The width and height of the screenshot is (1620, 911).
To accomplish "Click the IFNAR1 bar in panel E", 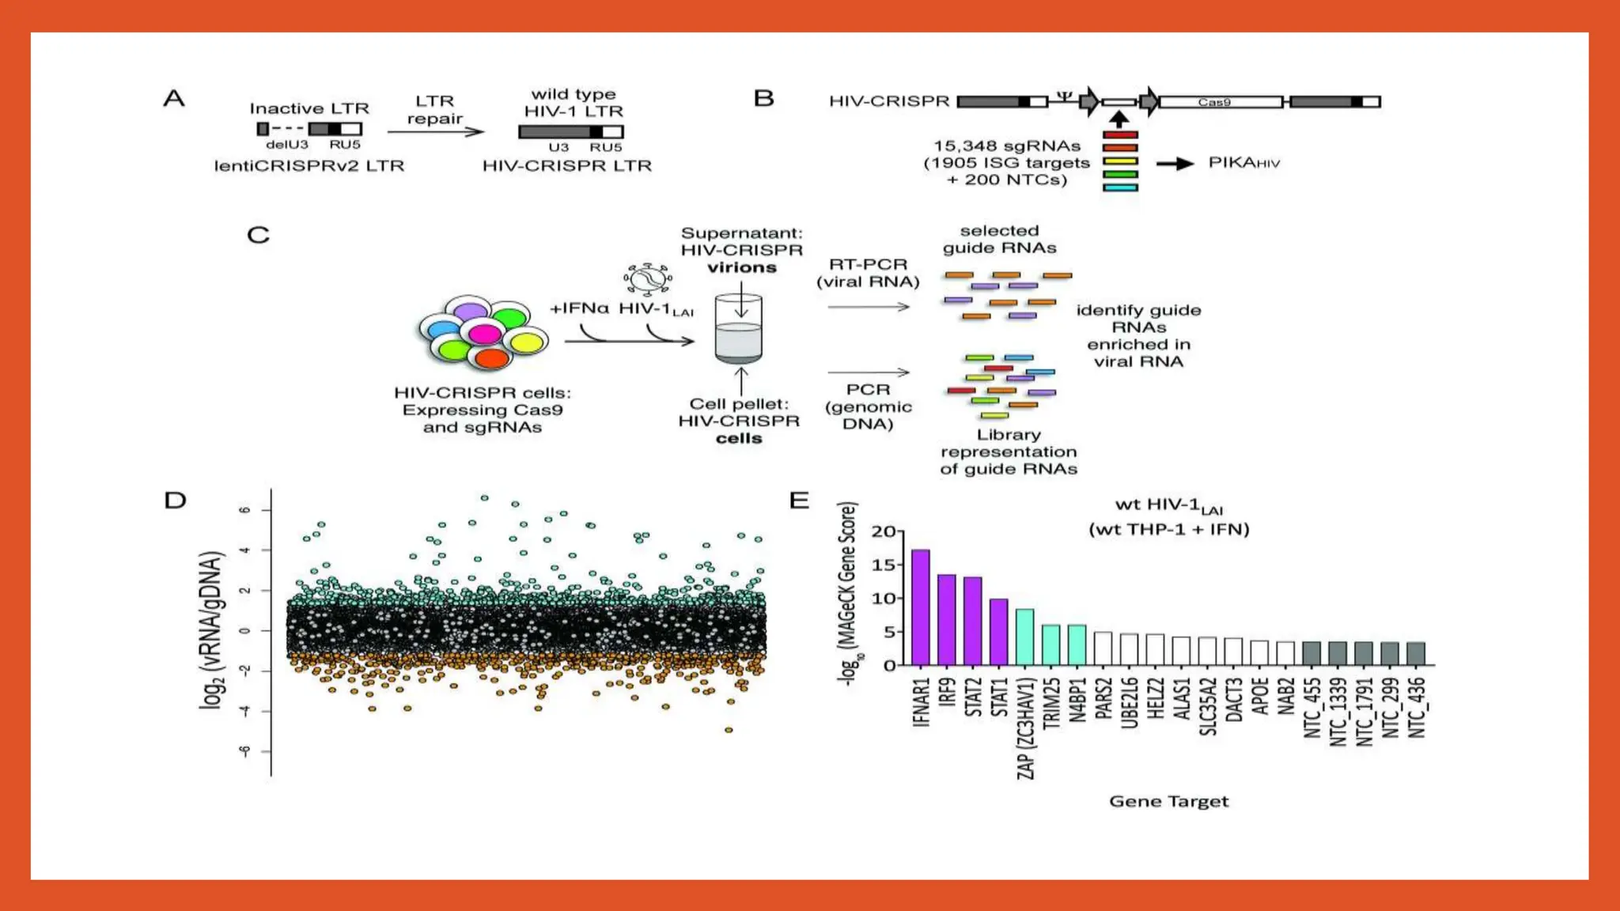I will point(920,607).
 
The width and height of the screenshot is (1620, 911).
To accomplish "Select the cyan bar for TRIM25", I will point(1050,645).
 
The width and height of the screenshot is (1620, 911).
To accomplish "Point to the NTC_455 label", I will point(1312,709).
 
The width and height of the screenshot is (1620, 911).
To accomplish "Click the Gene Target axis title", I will point(1168,801).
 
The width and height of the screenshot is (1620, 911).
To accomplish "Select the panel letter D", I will point(175,501).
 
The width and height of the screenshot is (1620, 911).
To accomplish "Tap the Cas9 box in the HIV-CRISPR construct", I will point(1220,102).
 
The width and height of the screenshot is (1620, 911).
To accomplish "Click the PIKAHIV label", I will point(1243,163).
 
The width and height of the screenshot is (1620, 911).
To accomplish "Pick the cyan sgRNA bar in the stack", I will point(1120,187).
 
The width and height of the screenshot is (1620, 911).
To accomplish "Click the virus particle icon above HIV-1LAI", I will point(648,278).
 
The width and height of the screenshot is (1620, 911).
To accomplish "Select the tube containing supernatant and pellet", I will point(738,329).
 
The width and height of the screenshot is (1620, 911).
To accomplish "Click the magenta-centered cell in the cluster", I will point(484,334).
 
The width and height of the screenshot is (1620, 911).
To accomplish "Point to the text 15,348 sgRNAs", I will point(1006,146).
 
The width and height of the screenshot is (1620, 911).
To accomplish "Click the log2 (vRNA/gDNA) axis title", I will point(211,629).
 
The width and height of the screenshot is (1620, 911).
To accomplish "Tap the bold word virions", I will point(741,267).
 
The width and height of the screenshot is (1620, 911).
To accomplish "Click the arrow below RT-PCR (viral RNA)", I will point(869,307).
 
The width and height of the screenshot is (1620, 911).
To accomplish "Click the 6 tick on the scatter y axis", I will point(245,510).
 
